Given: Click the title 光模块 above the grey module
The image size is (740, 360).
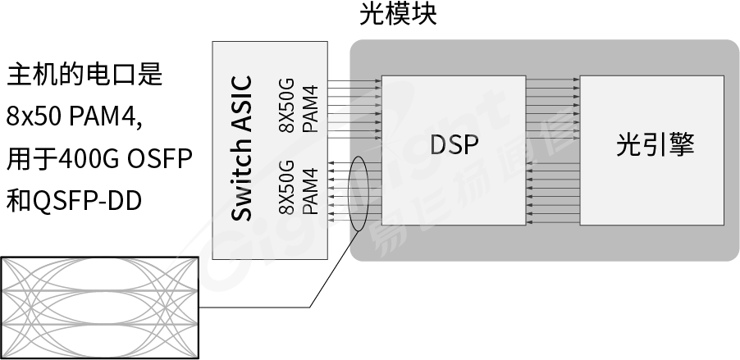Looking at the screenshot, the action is click(x=398, y=14).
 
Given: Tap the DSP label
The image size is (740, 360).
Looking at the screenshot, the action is click(x=454, y=144).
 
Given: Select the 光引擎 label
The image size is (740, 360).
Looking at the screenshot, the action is click(x=655, y=144).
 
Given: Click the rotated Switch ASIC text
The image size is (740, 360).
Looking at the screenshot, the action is click(x=242, y=148).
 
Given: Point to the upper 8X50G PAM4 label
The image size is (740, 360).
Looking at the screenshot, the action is click(x=299, y=106).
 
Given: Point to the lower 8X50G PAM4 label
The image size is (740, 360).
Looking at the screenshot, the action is click(x=299, y=188).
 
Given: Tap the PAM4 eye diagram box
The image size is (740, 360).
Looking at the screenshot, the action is click(x=99, y=308).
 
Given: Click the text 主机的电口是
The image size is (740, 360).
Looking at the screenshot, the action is click(x=85, y=75).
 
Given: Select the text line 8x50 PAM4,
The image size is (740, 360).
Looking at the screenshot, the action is click(x=74, y=116).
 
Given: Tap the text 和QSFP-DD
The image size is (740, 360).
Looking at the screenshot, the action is click(x=74, y=201).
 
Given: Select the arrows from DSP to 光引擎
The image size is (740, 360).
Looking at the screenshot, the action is click(x=553, y=109).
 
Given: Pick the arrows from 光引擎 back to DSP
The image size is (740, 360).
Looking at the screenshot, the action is click(x=553, y=192).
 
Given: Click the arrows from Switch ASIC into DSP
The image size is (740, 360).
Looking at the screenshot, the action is click(x=354, y=109).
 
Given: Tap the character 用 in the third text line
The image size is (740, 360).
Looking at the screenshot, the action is click(x=18, y=159).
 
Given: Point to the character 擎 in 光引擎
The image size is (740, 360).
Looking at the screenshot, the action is click(x=682, y=144).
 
